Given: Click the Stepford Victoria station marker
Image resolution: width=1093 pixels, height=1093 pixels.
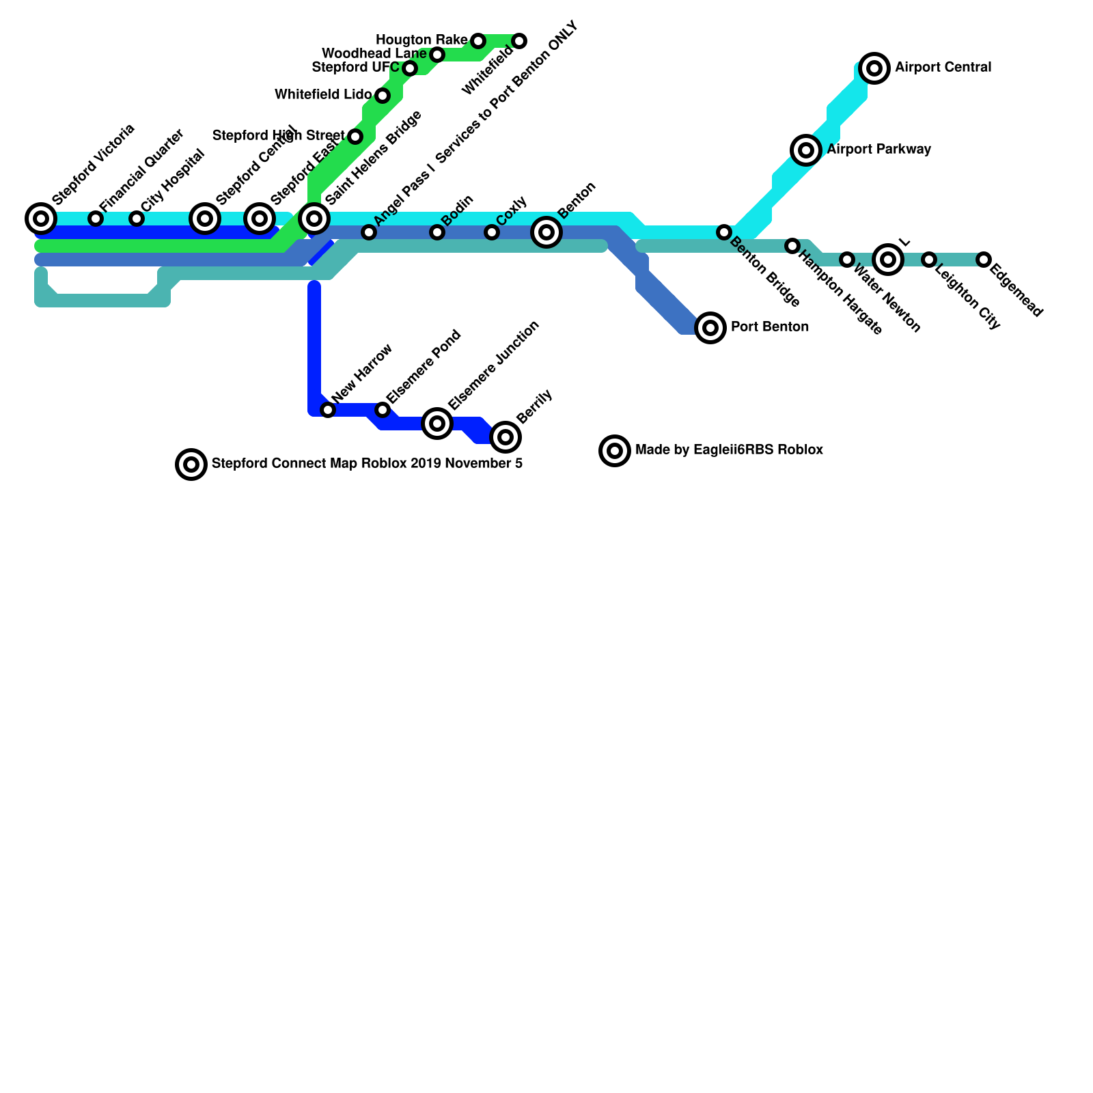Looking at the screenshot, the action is tap(41, 219).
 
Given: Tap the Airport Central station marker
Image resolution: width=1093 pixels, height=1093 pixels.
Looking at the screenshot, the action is tap(874, 68).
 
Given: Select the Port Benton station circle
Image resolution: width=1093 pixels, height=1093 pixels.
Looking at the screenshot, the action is tap(710, 328).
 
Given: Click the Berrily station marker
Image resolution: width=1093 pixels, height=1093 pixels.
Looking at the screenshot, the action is tap(506, 437).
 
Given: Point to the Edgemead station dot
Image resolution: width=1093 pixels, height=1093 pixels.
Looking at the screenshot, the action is tap(984, 260).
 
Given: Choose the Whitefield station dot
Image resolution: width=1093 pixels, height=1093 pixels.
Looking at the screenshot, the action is tap(519, 41).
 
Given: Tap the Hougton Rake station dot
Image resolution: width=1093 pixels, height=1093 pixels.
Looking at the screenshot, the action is tap(478, 41).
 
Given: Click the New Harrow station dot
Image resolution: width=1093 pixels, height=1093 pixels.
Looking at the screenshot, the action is tap(328, 410).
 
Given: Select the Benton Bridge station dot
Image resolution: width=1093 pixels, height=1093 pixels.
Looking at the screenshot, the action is tap(724, 232).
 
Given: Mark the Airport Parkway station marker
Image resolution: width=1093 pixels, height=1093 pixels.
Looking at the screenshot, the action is tap(806, 150).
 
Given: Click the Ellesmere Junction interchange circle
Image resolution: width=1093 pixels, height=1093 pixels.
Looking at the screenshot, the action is tap(437, 424).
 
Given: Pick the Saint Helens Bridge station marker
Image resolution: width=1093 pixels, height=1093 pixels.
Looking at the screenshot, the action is tap(314, 219).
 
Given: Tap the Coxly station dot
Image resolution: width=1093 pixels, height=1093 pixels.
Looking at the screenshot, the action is tap(492, 232).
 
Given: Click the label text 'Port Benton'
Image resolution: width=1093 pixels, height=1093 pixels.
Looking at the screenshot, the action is tap(770, 327).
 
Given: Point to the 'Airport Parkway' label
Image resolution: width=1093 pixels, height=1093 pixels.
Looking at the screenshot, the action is tap(879, 150).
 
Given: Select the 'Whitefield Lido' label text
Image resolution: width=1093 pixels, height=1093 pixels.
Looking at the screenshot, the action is tap(323, 95).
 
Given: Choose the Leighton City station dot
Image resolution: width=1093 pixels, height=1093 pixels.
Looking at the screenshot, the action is tap(929, 260).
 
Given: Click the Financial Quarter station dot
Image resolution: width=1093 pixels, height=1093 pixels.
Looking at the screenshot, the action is tap(96, 219).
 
